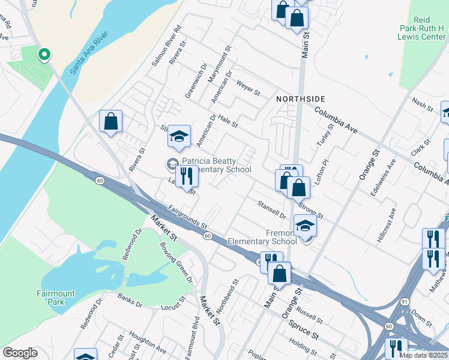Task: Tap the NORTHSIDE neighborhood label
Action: tap(301, 98)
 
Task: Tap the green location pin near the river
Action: tap(44, 55)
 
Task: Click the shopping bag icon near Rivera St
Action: tap(111, 121)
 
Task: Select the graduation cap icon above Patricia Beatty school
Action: tap(179, 137)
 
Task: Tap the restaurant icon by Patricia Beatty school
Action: tap(187, 175)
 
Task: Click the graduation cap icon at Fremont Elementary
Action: tap(305, 226)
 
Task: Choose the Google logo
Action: tap(20, 353)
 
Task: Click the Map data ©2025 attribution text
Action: tap(424, 355)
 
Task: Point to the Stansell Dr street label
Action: tap(272, 209)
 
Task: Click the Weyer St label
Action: tap(248, 88)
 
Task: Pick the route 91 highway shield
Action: tap(406, 301)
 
